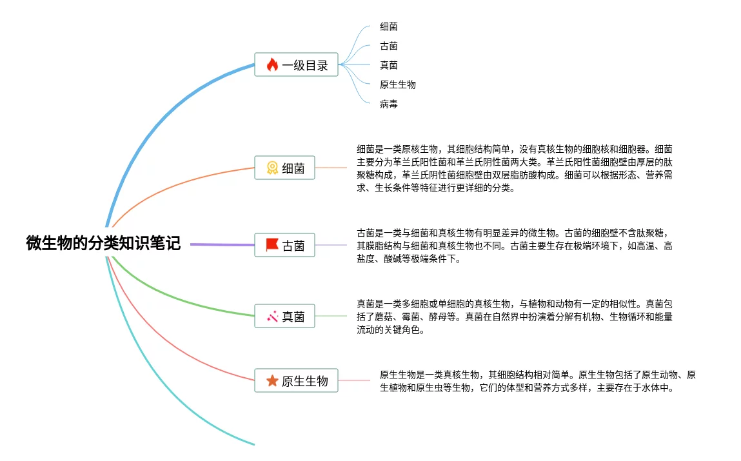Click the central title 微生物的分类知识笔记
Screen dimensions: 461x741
click(103, 243)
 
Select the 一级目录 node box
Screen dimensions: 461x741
click(296, 64)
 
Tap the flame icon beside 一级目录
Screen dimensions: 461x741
click(272, 64)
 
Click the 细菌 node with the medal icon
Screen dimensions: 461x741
click(284, 168)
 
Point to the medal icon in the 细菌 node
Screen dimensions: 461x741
click(272, 168)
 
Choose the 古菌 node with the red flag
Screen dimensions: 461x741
click(284, 246)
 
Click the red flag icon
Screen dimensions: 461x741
click(272, 246)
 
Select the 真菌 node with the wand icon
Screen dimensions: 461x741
click(284, 317)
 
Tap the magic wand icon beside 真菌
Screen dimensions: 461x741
click(272, 317)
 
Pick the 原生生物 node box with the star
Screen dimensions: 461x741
click(296, 381)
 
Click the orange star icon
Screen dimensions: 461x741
click(272, 381)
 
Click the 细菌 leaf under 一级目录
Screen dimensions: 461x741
click(389, 26)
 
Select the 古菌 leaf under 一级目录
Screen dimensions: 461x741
click(389, 46)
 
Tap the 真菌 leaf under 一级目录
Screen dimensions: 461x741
click(389, 65)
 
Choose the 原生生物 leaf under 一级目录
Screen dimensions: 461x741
click(398, 84)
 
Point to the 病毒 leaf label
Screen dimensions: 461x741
click(389, 104)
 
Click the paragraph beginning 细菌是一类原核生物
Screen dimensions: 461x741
click(515, 168)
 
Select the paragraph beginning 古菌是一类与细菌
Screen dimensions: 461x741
click(515, 246)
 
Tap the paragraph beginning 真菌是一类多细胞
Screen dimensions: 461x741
click(515, 317)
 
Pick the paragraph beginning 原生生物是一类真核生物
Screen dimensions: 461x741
click(537, 381)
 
